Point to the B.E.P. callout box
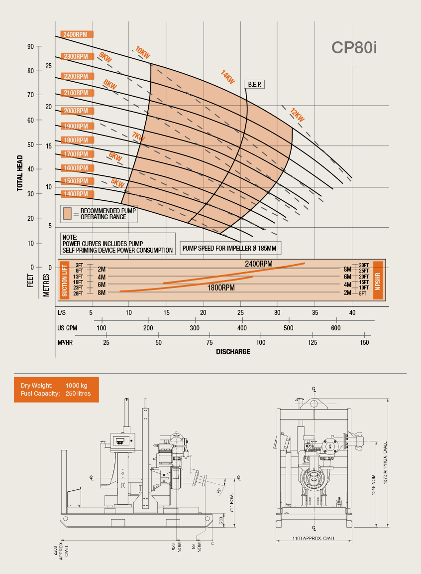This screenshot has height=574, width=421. tap(254, 84)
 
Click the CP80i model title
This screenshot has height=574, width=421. tap(354, 47)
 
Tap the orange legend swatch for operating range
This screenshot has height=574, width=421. tap(68, 214)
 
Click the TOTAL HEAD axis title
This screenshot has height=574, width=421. tap(20, 173)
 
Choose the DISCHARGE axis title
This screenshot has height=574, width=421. tap(233, 352)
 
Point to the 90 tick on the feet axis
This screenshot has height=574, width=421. tap(30, 46)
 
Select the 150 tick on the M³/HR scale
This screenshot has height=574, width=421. tap(364, 343)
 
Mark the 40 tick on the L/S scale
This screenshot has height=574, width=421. tap(352, 312)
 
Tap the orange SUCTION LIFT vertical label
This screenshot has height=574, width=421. tap(65, 280)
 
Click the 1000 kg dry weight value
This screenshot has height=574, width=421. tap(77, 386)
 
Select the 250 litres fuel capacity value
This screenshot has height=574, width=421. tap(78, 394)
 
